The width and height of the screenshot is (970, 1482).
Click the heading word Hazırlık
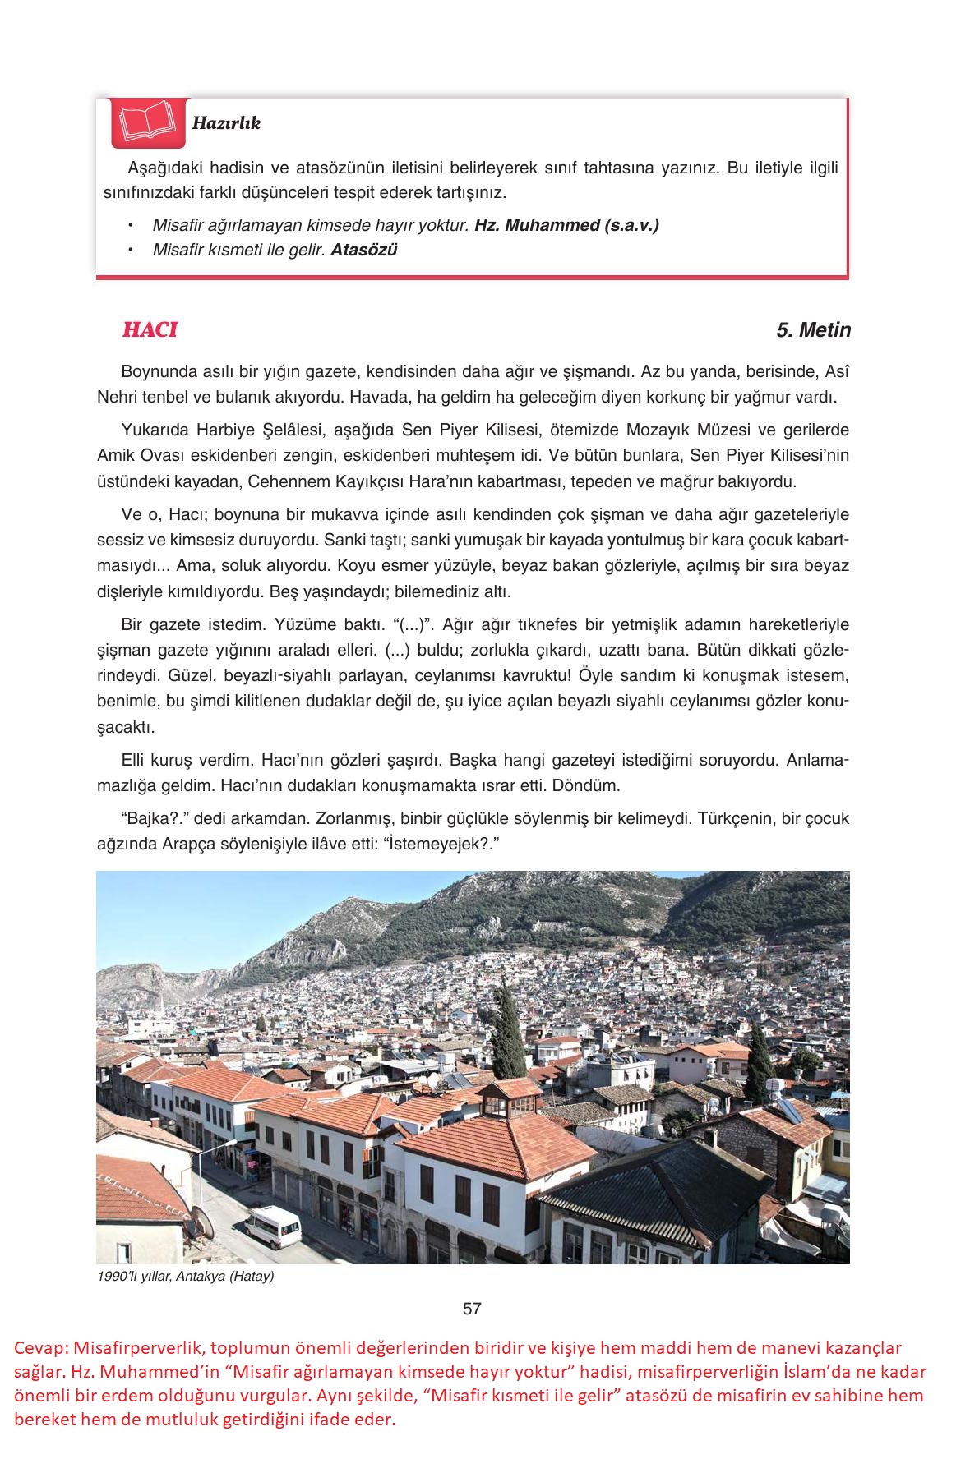(x=226, y=123)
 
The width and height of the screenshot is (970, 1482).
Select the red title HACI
(x=150, y=329)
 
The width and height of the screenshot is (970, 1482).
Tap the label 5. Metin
(x=813, y=330)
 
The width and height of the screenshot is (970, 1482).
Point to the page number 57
(x=472, y=1309)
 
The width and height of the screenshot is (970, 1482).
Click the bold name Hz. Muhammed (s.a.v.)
(x=566, y=225)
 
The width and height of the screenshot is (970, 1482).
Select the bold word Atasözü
(x=363, y=250)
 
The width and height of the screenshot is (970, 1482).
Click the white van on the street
(x=273, y=1227)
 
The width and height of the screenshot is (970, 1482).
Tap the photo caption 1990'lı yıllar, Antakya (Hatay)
(x=186, y=1277)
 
